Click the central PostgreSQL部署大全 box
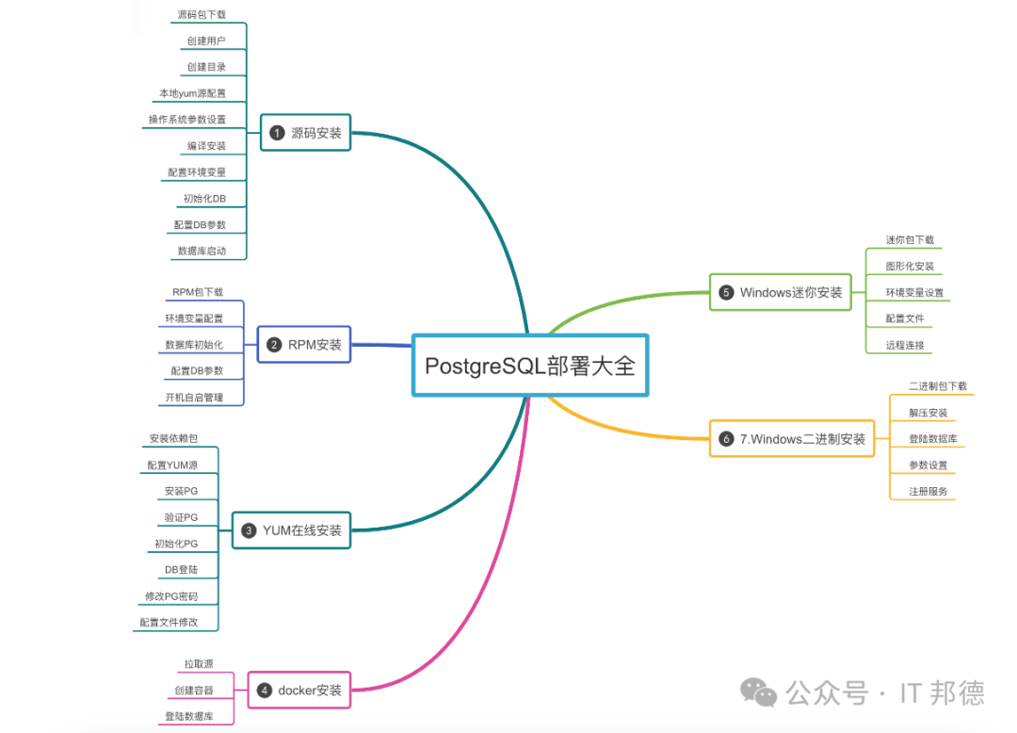pos(530,365)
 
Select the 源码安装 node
pos(304,133)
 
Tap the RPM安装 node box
pos(304,345)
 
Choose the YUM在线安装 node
pos(291,530)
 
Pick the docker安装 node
pos(299,690)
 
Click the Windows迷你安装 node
pos(779,292)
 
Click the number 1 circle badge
pos(277,133)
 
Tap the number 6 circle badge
pos(726,439)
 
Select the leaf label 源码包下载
pos(202,15)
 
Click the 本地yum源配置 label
pos(192,93)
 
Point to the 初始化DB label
pos(204,199)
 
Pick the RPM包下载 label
pos(198,292)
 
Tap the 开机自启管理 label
pos(194,398)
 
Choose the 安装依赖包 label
pos(173,439)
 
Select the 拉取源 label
pos(199,664)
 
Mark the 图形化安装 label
pos(910,267)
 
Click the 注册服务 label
pos(928,492)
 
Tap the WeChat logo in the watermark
pos(759,692)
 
